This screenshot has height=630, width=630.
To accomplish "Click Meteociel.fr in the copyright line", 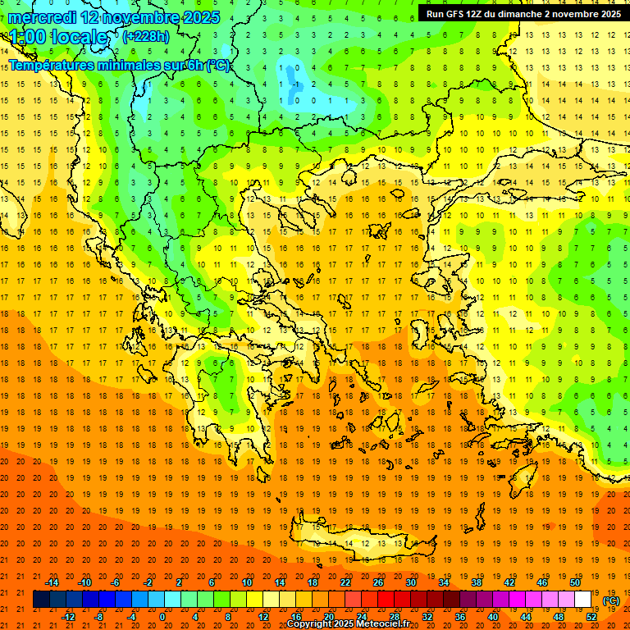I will click(381, 624).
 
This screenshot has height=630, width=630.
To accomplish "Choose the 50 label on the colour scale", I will click(575, 582).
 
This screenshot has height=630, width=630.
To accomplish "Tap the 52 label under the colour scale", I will click(591, 617).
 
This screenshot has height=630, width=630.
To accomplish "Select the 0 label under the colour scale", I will click(162, 617).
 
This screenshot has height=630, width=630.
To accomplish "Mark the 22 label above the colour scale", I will click(345, 582).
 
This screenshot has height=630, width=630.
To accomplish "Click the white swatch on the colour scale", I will click(583, 600).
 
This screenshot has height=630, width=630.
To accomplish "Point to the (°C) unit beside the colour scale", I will click(611, 600).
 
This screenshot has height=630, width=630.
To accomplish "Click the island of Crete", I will click(361, 542).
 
